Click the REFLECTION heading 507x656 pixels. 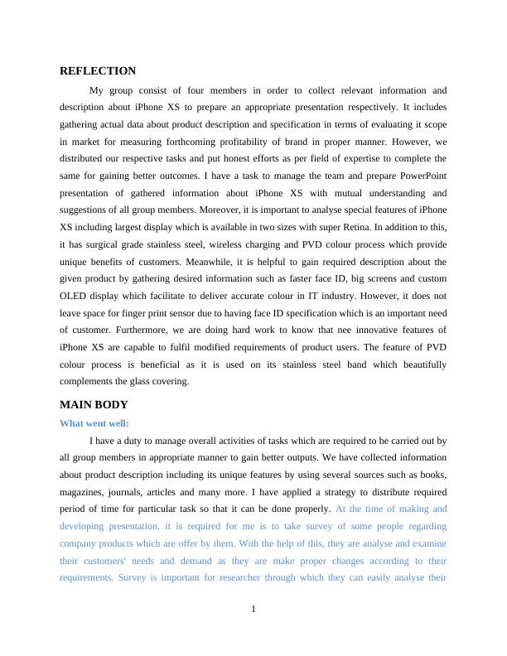click(98, 71)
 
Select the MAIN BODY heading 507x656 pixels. click(94, 405)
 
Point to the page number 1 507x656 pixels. click(254, 610)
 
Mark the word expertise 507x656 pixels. click(371, 158)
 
